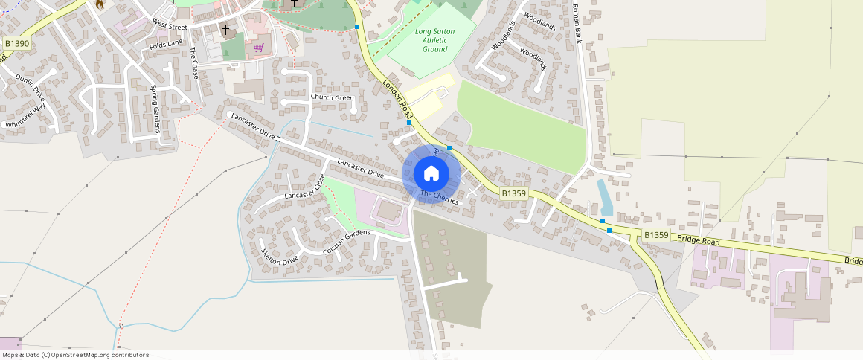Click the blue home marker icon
pos(431,174)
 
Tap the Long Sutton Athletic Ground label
pos(434,40)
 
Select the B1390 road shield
pos(17,44)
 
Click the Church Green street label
pos(332,97)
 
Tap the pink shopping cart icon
pos(258,48)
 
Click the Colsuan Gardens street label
pos(347,242)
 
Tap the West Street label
pos(170,25)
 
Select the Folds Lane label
pos(165,45)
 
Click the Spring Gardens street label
pos(156,109)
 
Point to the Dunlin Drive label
pos(31,88)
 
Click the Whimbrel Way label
pos(25,117)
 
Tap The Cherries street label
pos(440,197)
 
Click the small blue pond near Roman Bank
pos(605,196)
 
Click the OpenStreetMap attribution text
pos(74,355)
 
